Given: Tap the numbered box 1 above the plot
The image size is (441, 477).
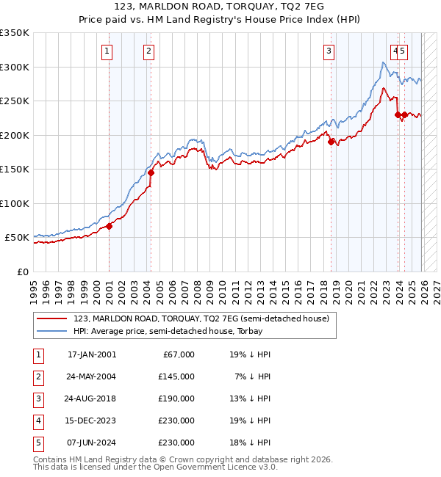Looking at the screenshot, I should (x=107, y=51).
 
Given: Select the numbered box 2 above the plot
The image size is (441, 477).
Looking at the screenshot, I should (x=148, y=51).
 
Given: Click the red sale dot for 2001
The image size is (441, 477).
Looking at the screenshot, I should (x=109, y=226).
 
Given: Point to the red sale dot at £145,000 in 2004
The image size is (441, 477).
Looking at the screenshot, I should (x=151, y=173).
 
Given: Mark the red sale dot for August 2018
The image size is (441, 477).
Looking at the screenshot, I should (x=331, y=142).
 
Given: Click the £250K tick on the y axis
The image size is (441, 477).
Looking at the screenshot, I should (x=15, y=101).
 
